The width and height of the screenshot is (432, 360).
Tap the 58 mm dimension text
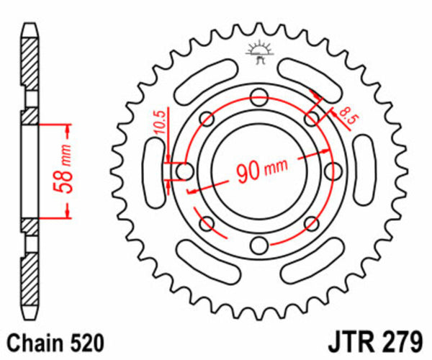pos(65,171)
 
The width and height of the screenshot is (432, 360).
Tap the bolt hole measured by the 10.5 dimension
pos(184,171)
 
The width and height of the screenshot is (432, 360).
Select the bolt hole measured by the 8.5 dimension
pos(312,118)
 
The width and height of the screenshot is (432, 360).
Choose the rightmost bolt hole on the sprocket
pos(334,171)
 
